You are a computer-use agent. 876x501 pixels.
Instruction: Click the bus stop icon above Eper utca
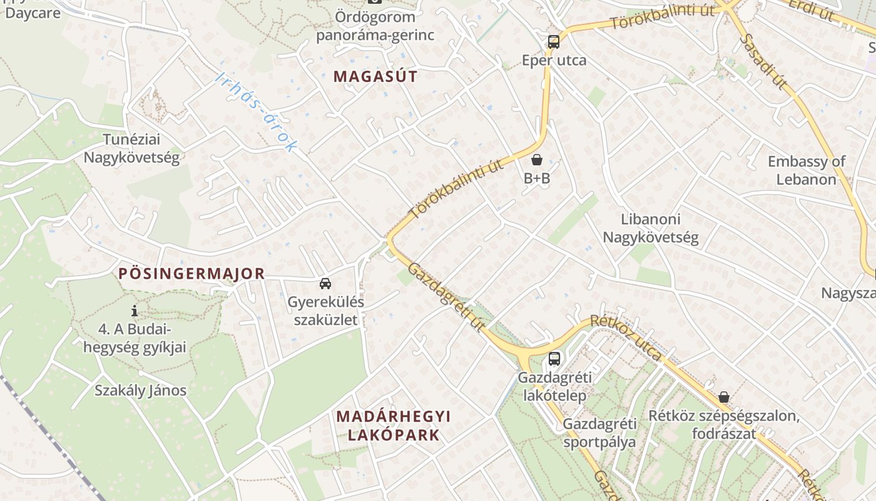point(554,42)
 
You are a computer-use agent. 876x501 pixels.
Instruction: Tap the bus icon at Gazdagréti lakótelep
point(554,359)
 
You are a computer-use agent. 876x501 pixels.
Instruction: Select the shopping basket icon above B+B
point(536,160)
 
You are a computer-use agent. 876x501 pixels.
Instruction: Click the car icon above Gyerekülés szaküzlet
point(325,284)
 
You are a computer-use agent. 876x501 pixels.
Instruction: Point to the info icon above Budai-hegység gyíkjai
point(135,311)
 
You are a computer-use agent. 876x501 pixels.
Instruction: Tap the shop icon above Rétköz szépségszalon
point(724,397)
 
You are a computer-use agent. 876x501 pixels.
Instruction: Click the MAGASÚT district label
point(375,76)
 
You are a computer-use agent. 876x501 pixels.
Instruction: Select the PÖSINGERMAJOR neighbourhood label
point(192,274)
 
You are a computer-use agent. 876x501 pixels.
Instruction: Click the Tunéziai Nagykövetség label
point(131,148)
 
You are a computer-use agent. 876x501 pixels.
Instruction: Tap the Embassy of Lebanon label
point(807,170)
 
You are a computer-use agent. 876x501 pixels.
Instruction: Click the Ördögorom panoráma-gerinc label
point(375,26)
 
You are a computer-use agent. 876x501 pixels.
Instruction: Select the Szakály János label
point(141,391)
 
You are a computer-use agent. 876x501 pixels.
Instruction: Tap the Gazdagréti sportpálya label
point(599,433)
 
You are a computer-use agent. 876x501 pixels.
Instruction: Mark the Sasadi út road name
point(763,61)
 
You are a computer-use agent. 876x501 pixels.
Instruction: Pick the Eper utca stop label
point(554,60)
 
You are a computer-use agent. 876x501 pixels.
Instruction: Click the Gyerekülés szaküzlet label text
point(325,311)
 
